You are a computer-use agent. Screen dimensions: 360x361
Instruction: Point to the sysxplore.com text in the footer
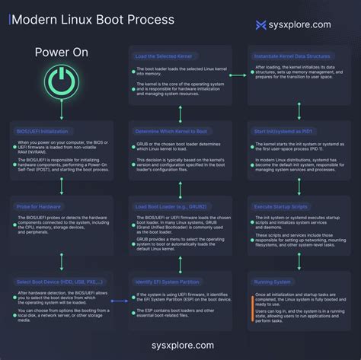tap(180, 345)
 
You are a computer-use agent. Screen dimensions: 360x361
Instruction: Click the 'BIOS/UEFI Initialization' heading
tap(45, 130)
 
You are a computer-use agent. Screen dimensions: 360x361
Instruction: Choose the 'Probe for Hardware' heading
tap(40, 206)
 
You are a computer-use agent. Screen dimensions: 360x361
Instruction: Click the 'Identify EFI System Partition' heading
tap(168, 282)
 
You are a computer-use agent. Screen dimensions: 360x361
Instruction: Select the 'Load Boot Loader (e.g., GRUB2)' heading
tap(168, 206)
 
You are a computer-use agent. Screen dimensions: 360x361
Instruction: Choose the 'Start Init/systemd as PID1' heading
tap(286, 130)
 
